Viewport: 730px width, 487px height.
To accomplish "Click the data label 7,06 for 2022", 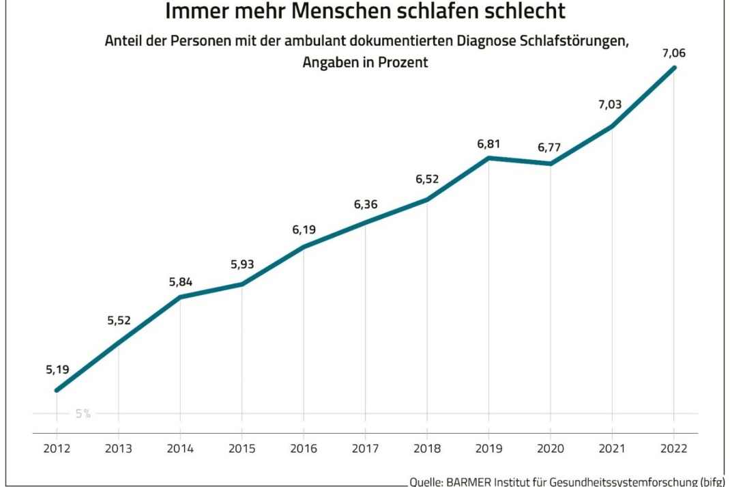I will click(673, 52).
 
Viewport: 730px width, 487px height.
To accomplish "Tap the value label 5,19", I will click(57, 370).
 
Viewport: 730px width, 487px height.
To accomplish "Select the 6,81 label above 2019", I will click(489, 143).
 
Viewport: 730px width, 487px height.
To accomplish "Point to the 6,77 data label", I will click(551, 147).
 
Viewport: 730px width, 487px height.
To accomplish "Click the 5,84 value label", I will click(180, 281).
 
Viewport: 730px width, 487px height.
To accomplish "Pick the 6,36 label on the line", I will click(366, 204).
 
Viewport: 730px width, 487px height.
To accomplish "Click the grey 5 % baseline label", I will click(83, 413).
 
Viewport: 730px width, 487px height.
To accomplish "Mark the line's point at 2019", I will click(489, 158).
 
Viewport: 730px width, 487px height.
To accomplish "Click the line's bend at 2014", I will click(180, 296).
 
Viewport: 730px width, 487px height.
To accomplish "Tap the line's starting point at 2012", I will click(57, 390).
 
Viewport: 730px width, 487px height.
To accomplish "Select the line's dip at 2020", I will click(551, 164).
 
